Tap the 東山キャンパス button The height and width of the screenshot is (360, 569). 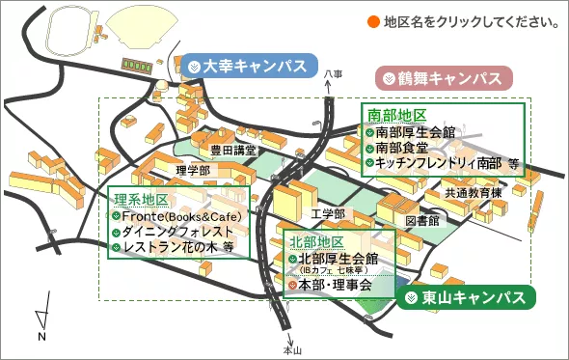466,297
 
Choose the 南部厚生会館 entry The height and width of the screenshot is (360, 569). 415,132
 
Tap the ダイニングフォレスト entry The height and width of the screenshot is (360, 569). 177,232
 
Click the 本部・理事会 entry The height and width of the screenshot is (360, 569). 333,286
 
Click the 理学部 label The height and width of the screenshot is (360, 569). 192,171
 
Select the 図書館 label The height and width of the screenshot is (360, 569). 421,220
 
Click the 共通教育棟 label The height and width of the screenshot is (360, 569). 474,194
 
